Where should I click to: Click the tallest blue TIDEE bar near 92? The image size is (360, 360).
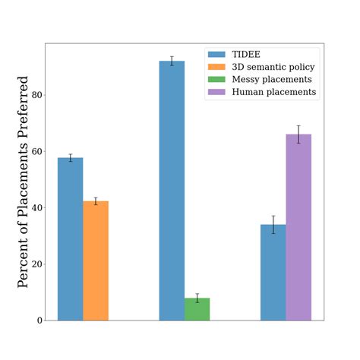172,190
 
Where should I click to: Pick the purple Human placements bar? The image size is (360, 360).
298,227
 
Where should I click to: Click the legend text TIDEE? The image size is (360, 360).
248,55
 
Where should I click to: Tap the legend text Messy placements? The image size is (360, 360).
271,80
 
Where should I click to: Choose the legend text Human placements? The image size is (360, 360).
273,92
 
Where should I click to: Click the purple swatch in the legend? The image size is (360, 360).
216,92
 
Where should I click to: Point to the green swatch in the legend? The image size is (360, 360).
216,80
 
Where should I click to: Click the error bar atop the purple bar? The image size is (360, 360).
298,134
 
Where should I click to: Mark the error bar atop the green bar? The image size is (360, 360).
197,298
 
